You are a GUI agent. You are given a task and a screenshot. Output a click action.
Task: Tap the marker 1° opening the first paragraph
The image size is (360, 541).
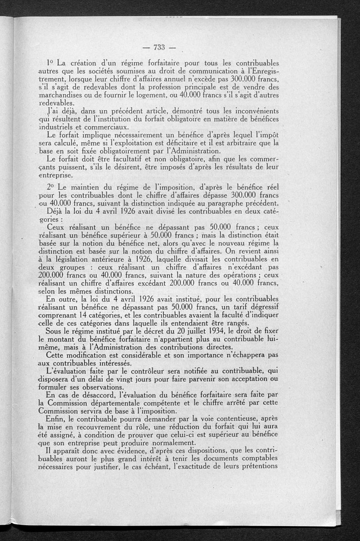point(51,62)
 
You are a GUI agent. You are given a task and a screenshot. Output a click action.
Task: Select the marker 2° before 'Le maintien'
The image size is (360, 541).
point(50,186)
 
